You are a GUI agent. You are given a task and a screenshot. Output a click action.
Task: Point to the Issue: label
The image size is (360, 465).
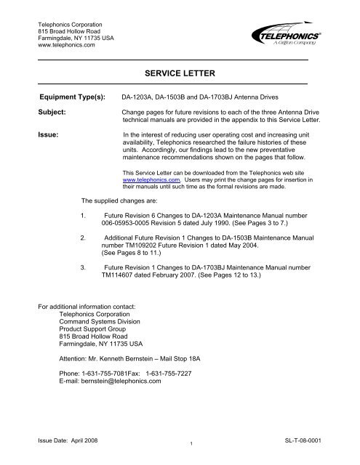(x=48, y=134)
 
